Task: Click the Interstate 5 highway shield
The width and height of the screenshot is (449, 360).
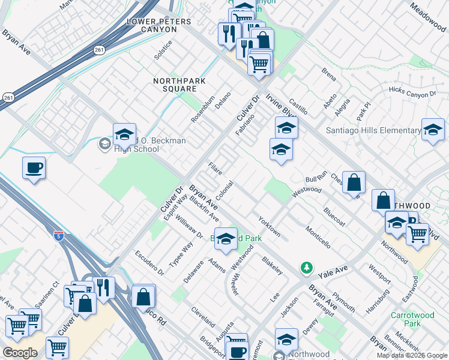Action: (58, 236)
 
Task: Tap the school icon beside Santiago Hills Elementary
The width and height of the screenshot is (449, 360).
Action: (432, 130)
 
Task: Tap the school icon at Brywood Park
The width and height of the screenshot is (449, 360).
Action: (226, 239)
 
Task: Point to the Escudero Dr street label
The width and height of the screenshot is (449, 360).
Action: (149, 262)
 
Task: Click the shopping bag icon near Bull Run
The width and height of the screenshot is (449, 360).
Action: (354, 182)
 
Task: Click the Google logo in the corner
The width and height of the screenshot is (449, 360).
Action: (19, 353)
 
